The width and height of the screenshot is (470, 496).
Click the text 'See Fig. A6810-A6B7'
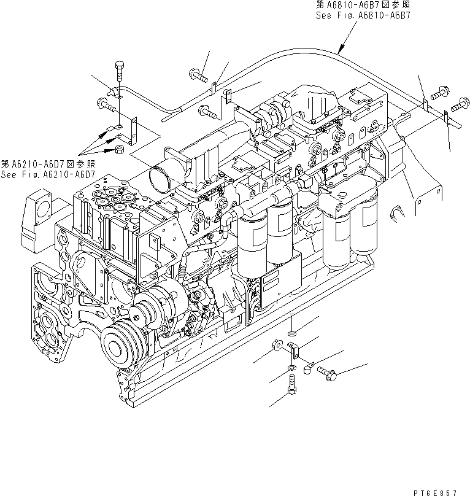(x=362, y=16)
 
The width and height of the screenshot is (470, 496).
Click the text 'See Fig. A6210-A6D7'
(x=48, y=174)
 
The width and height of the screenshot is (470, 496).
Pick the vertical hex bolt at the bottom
(x=291, y=389)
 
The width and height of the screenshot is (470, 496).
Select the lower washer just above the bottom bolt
(x=290, y=370)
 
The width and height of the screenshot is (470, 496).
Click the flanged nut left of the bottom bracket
(x=275, y=347)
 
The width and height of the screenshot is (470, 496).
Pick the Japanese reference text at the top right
(x=362, y=6)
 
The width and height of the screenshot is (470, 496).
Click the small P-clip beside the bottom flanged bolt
(x=308, y=366)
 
